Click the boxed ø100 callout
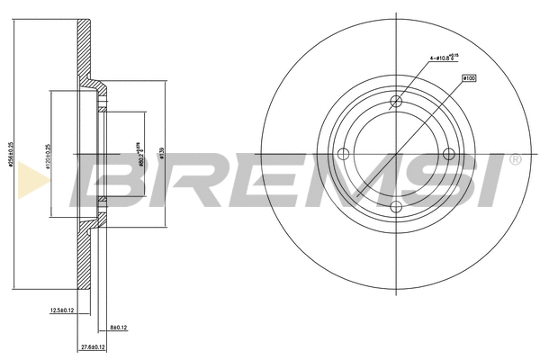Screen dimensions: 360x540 (x=468, y=78)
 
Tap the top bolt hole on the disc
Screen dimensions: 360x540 (x=395, y=103)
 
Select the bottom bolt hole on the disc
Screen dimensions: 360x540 (x=395, y=208)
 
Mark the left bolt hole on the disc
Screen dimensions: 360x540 (x=343, y=156)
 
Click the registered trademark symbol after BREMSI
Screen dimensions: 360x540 (x=515, y=160)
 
